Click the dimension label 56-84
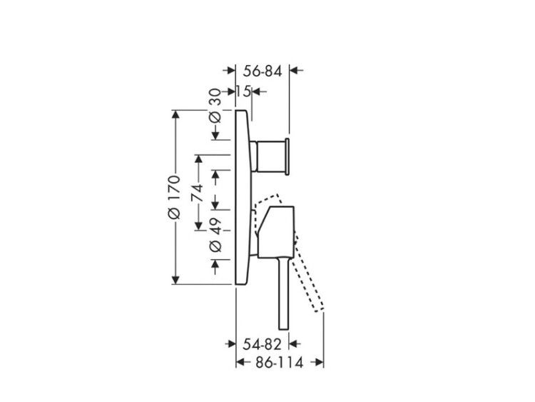tap(263, 71)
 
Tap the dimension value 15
tap(244, 91)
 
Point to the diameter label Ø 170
tap(174, 197)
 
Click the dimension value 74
tap(197, 192)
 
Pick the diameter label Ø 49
tap(215, 236)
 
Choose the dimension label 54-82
tap(262, 344)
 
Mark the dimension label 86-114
tap(279, 363)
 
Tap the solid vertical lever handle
tap(284, 293)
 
